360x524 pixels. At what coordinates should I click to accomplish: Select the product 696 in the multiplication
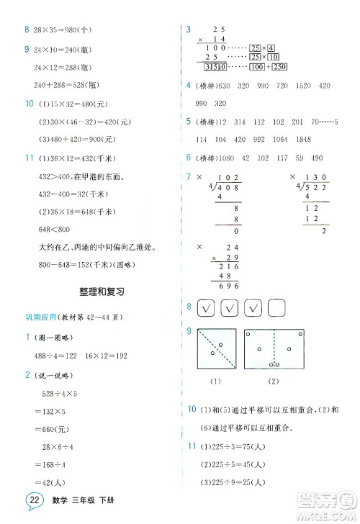pos(228,286)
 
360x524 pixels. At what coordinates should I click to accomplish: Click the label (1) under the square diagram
pos(213,381)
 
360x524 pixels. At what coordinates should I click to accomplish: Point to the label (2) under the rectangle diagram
pos(274,381)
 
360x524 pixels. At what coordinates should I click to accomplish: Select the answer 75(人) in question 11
pos(251,447)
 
